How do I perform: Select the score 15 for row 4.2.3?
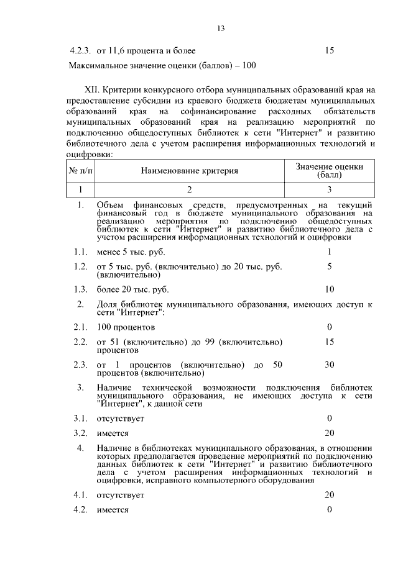point(330,50)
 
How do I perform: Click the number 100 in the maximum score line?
point(249,65)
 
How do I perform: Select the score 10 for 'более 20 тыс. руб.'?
point(330,289)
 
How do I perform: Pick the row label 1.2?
point(79,266)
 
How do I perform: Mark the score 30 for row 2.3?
point(330,365)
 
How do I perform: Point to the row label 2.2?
point(79,342)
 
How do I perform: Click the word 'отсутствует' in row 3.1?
point(120,419)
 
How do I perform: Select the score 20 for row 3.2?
point(330,433)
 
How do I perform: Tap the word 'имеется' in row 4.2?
point(113,510)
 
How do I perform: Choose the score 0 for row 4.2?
point(330,510)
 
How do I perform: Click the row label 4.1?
point(79,495)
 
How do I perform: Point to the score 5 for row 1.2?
point(330,266)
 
